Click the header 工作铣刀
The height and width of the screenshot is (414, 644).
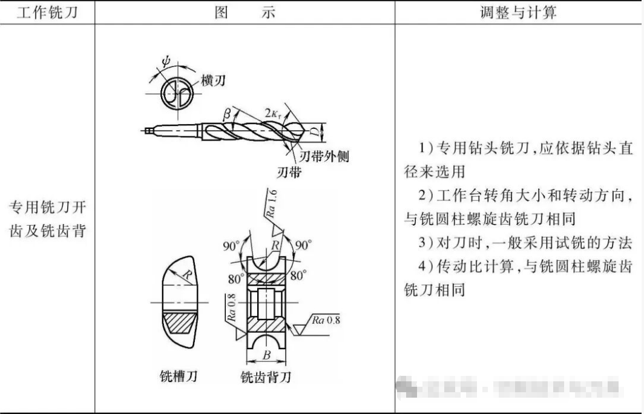pos(47,12)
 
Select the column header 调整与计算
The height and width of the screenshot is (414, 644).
pos(518,12)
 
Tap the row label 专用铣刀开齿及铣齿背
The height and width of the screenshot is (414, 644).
pos(47,219)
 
